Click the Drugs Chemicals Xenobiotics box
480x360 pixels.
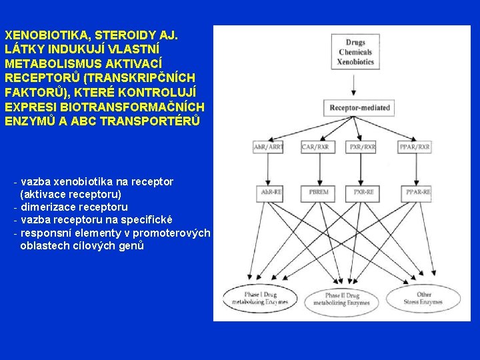(355, 52)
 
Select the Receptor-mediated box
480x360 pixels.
(360, 107)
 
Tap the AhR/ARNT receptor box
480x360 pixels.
(268, 147)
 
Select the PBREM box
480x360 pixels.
(319, 193)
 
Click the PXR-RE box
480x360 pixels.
(363, 193)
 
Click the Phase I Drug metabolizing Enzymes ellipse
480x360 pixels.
(260, 298)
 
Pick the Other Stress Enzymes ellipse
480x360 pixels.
(423, 298)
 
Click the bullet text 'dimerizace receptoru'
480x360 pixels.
(74, 207)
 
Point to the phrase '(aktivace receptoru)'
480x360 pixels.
(71, 194)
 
